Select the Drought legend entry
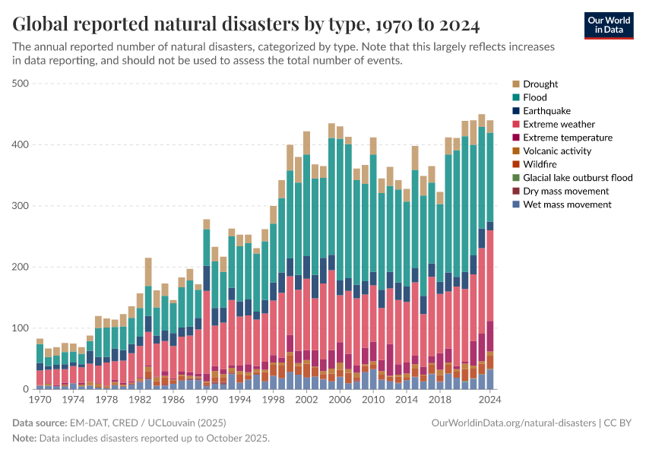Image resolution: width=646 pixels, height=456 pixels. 540,84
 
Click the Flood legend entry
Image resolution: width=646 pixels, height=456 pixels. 534,97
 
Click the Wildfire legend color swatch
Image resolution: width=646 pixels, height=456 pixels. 517,164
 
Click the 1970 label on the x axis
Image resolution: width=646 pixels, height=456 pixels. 40,399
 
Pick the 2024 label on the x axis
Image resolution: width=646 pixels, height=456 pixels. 489,399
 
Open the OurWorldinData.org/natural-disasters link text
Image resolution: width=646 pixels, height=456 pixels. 513,423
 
